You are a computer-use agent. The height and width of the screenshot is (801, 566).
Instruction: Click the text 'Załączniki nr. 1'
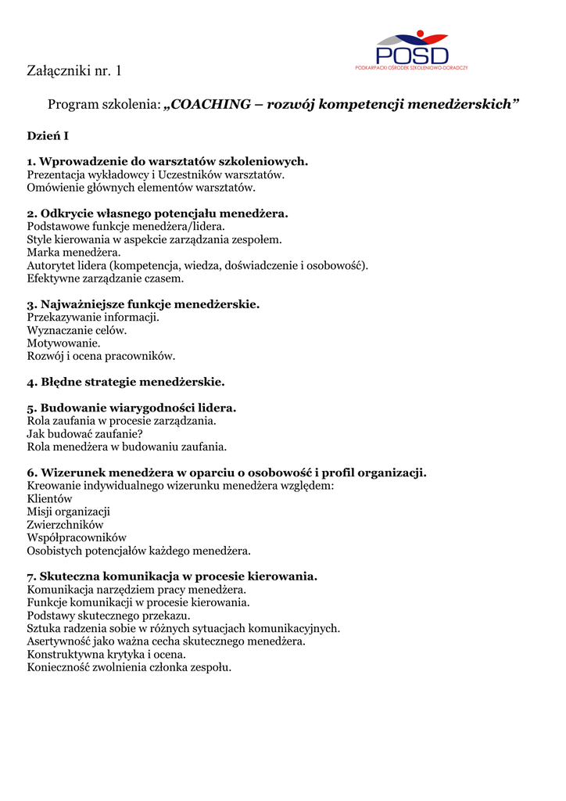[74, 72]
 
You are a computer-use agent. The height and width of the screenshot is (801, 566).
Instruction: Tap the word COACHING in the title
[211, 104]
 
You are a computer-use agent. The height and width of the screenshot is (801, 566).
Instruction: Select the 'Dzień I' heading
[48, 136]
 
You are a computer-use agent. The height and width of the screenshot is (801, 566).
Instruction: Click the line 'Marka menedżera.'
[74, 253]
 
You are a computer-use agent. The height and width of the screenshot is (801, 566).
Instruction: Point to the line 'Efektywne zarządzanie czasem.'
[106, 278]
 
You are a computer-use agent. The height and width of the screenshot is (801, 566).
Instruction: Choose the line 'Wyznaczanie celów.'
[77, 330]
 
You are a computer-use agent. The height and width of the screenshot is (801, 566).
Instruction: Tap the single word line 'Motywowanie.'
[63, 343]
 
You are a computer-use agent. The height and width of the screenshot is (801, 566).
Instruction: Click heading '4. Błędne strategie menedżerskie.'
[126, 383]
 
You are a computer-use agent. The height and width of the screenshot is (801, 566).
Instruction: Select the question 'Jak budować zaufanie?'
[85, 434]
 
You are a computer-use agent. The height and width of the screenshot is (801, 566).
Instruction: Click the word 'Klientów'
[49, 498]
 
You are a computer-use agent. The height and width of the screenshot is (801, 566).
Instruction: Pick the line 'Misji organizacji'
[69, 512]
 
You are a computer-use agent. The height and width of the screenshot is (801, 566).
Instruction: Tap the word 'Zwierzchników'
[65, 524]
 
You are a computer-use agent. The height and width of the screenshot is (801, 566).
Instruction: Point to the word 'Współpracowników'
[77, 537]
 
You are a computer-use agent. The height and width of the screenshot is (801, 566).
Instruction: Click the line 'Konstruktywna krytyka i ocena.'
[106, 654]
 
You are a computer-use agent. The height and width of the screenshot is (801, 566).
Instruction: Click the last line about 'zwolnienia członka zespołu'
[129, 667]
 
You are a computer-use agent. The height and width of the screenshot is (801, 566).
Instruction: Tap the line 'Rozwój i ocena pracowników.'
[101, 356]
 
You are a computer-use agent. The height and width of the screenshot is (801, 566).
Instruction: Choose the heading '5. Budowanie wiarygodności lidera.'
[131, 408]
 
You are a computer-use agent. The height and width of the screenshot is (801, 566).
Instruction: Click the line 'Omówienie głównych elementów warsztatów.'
[141, 188]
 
